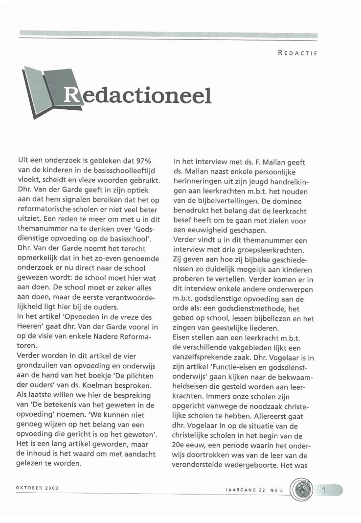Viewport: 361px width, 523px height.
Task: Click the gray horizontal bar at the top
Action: (169, 35)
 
